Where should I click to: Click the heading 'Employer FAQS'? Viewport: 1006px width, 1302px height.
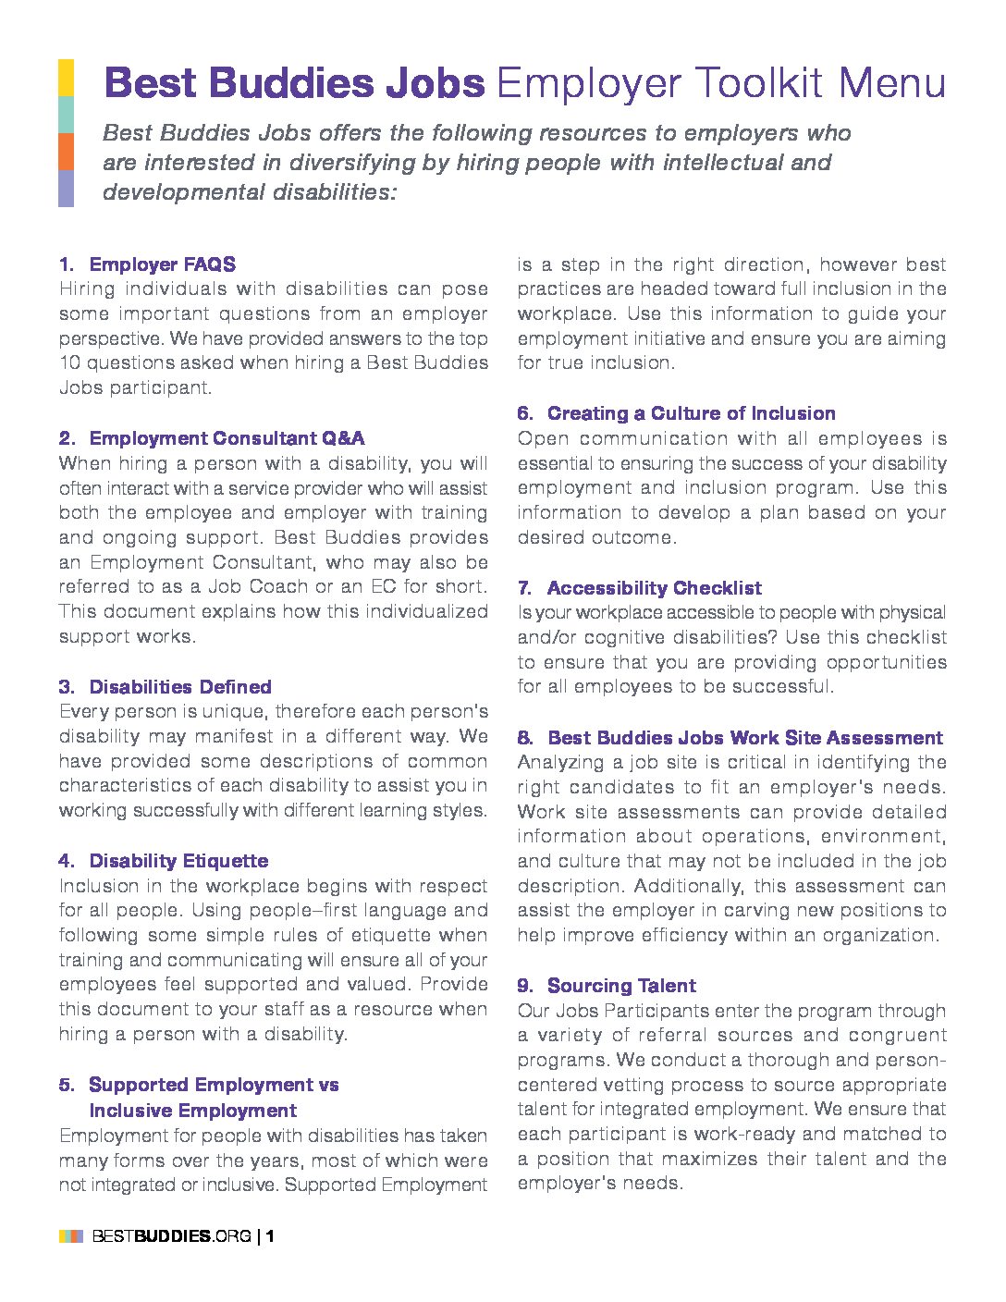tap(162, 264)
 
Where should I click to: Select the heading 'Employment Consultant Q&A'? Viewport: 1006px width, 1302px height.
tap(227, 438)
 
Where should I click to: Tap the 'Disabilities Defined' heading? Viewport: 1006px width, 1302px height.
tap(180, 687)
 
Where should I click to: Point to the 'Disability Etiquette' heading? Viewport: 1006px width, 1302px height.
tap(178, 861)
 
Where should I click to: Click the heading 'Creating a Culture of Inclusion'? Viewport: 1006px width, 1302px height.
tap(691, 413)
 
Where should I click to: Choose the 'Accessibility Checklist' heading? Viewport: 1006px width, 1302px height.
tap(654, 588)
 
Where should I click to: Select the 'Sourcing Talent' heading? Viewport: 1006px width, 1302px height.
tap(621, 986)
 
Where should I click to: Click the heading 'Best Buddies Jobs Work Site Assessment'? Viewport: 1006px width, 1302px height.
tap(744, 738)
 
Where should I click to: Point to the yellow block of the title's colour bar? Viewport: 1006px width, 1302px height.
tap(66, 78)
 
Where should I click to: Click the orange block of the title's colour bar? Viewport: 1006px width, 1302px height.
tap(66, 152)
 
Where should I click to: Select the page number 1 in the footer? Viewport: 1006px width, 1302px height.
tap(270, 1236)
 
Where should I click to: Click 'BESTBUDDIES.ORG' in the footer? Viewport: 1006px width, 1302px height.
tap(171, 1236)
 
